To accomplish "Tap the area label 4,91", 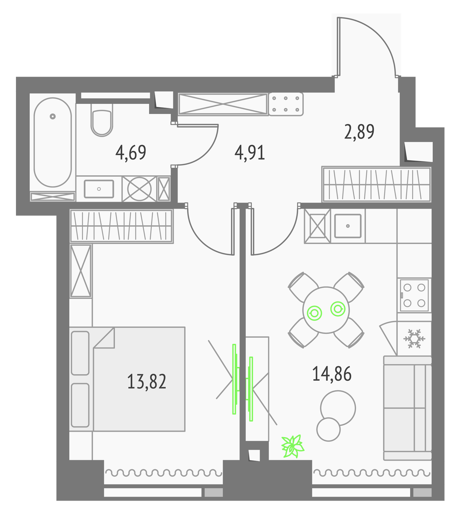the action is click(x=250, y=152).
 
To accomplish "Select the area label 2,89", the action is click(x=359, y=132).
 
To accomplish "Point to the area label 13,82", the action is click(x=147, y=381).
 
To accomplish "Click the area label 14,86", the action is click(x=332, y=374).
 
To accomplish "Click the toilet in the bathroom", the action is click(x=102, y=119).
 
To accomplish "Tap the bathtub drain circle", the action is click(x=53, y=116).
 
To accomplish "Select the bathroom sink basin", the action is click(x=99, y=189).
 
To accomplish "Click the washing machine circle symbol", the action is click(x=139, y=189).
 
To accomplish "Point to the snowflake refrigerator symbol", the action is click(x=414, y=339).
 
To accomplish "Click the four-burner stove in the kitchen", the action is click(x=414, y=295).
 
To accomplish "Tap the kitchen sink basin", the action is click(x=348, y=226).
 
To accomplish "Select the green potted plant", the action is click(x=292, y=446).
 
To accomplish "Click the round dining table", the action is click(x=326, y=310).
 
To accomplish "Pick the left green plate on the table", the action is click(x=314, y=313).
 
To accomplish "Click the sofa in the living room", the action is click(x=408, y=408).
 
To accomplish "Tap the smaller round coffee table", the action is click(x=328, y=429).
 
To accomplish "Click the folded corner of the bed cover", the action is click(x=104, y=338).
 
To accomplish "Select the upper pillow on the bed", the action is click(x=80, y=353).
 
